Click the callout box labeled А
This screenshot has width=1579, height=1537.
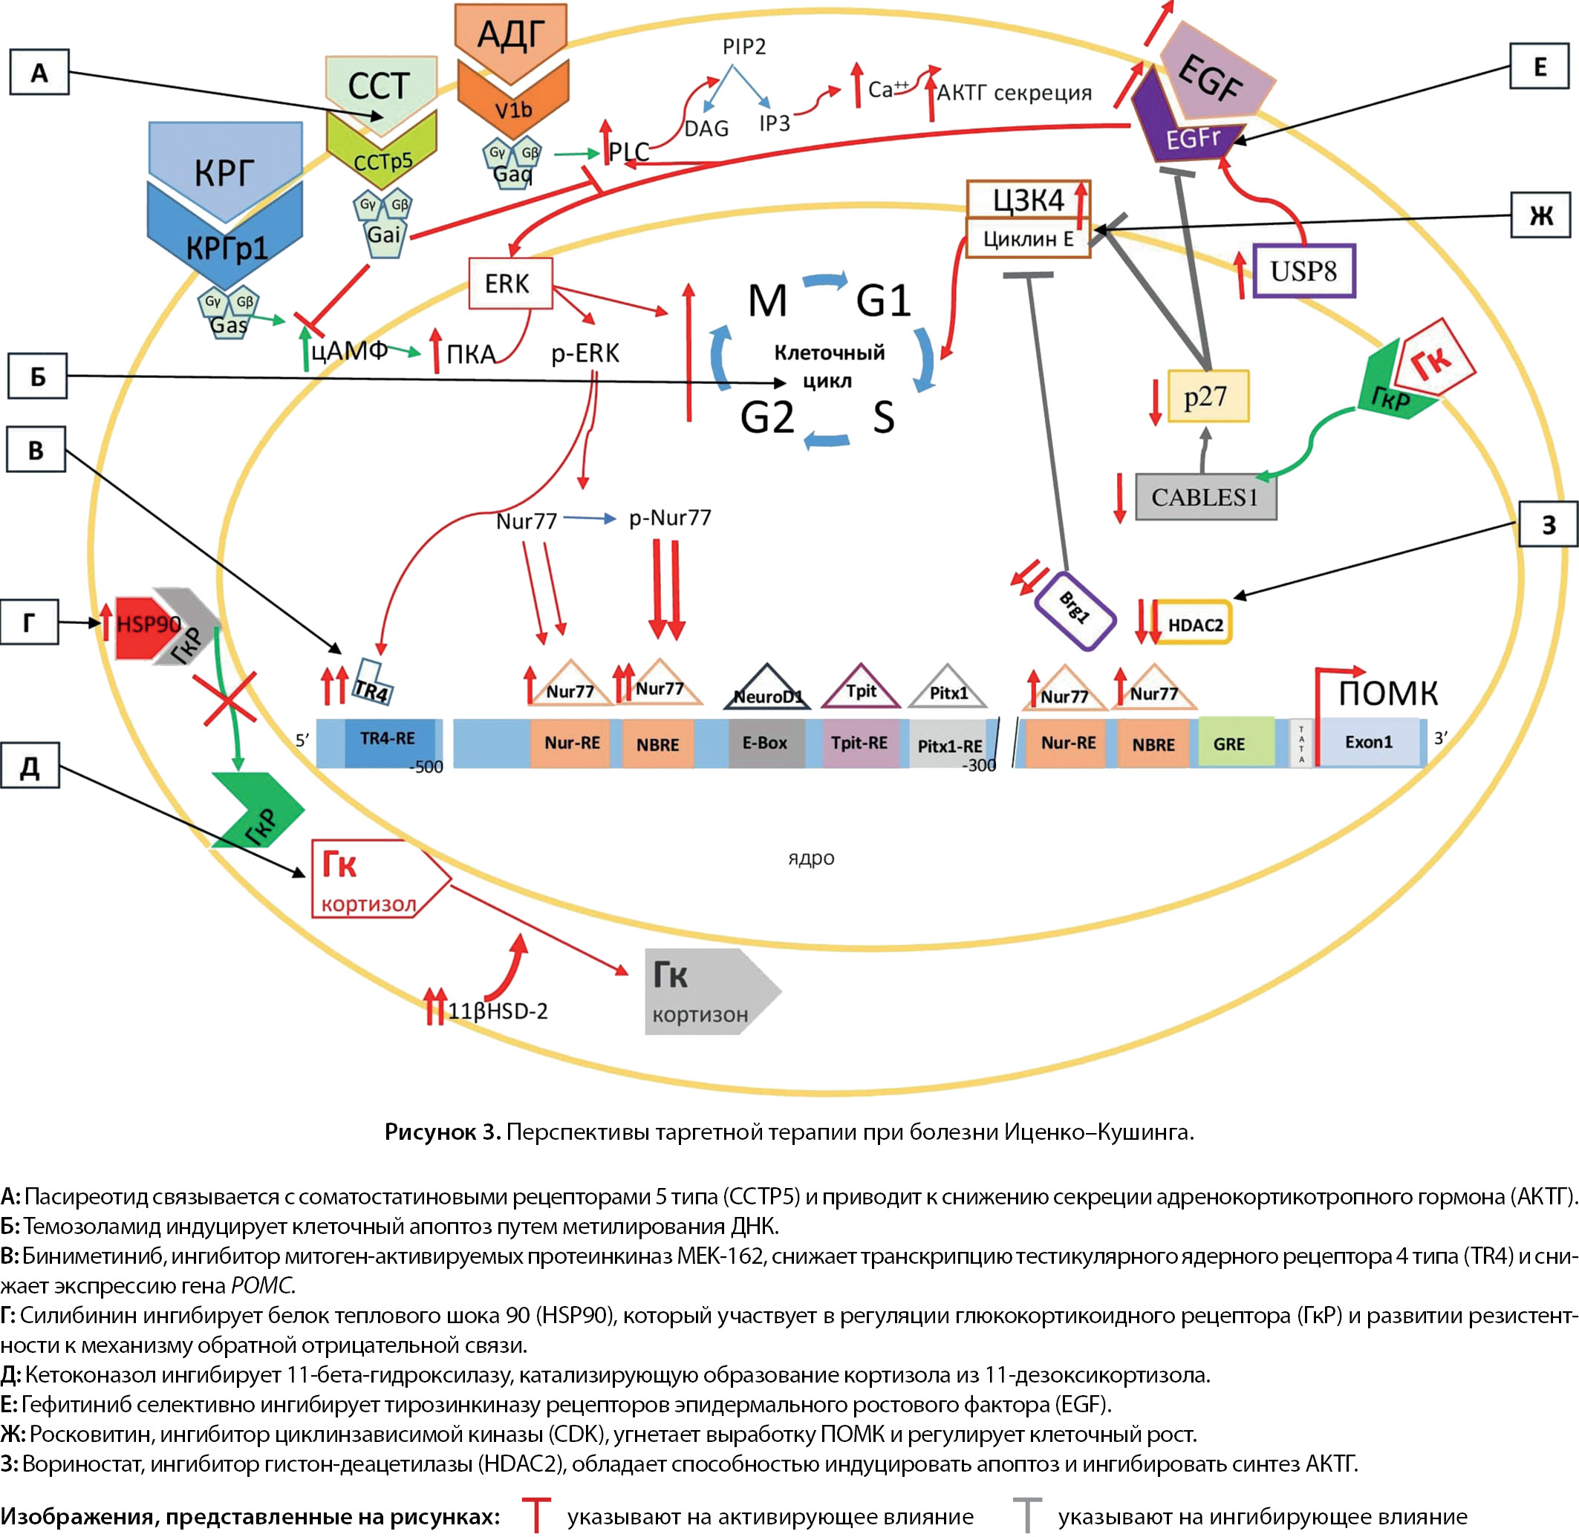pos(39,73)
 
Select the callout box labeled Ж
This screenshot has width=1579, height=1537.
pos(1540,215)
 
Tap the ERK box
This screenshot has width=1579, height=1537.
pos(510,284)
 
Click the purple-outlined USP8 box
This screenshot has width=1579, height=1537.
pos(1303,270)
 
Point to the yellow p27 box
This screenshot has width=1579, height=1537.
pos(1208,397)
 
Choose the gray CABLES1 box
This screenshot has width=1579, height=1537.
pos(1205,497)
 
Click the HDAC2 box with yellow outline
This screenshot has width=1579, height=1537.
pos(1195,624)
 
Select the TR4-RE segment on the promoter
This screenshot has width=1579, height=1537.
pos(388,740)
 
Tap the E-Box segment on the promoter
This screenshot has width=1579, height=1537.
pos(765,743)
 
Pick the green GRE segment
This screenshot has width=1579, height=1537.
pos(1228,743)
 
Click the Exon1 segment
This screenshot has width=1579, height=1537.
pos(1368,742)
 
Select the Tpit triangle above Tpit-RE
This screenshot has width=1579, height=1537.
pos(861,688)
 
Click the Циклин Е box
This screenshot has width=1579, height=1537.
pos(1028,239)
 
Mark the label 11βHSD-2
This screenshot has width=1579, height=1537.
pos(498,1011)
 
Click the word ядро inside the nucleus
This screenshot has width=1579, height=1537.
pos(810,858)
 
